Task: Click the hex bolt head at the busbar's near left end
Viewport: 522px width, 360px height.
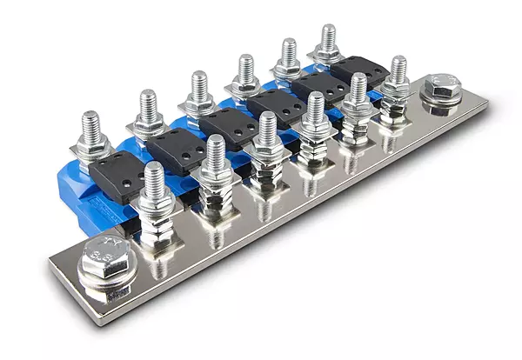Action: click(x=102, y=265)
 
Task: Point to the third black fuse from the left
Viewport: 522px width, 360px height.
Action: click(x=227, y=127)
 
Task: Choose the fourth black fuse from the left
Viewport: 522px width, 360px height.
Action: click(x=276, y=105)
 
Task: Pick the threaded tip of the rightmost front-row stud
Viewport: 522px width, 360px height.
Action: click(x=398, y=70)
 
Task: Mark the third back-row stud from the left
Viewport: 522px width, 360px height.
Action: click(x=199, y=84)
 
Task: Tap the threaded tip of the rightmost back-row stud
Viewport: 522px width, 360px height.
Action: click(x=328, y=37)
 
